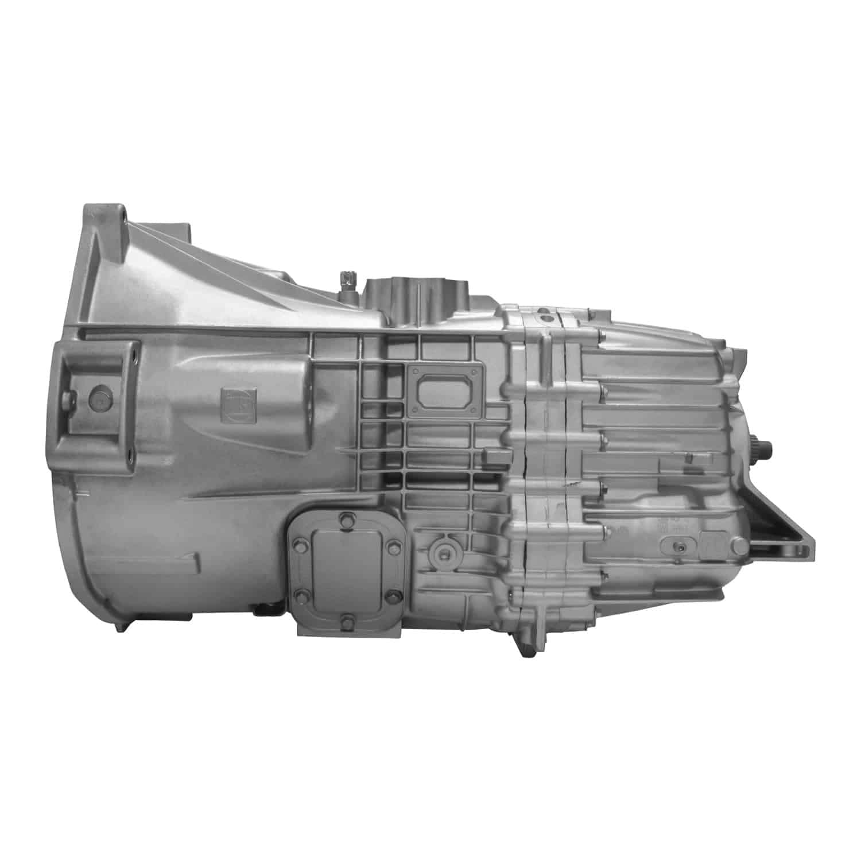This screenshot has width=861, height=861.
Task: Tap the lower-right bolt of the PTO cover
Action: coord(392,595)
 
